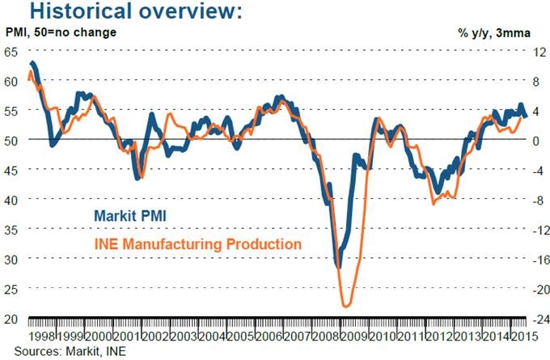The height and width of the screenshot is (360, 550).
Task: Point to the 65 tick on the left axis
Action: click(11, 52)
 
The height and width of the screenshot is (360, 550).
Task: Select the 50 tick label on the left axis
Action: click(11, 140)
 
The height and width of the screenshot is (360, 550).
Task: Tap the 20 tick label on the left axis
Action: click(11, 318)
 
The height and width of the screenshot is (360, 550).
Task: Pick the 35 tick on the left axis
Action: click(11, 229)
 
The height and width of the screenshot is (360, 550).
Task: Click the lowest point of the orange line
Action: click(346, 307)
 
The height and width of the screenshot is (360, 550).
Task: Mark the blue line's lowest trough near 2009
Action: click(338, 266)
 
